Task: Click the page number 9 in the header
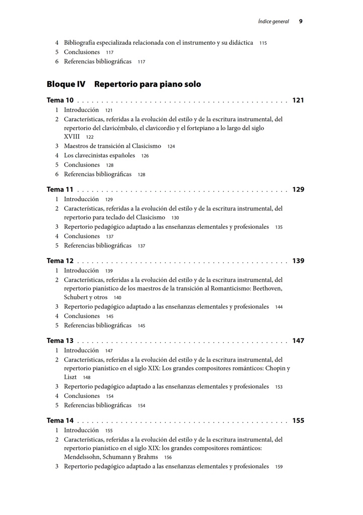[x=300, y=21]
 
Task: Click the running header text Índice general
[x=274, y=22]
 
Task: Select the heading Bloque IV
[x=66, y=84]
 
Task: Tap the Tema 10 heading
[x=60, y=101]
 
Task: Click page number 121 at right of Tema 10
[x=298, y=101]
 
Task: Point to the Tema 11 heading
[x=60, y=190]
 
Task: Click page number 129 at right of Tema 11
[x=298, y=190]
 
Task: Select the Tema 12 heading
[x=60, y=261]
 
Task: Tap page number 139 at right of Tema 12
[x=298, y=261]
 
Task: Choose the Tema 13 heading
[x=60, y=341]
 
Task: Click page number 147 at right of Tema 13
[x=298, y=341]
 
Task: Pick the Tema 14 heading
[x=60, y=420]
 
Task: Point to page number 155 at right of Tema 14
[x=298, y=420]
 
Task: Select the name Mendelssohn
[x=82, y=457]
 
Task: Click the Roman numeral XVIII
[x=72, y=137]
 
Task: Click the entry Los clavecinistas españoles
[x=99, y=155]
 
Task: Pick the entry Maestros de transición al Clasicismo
[x=112, y=146]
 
